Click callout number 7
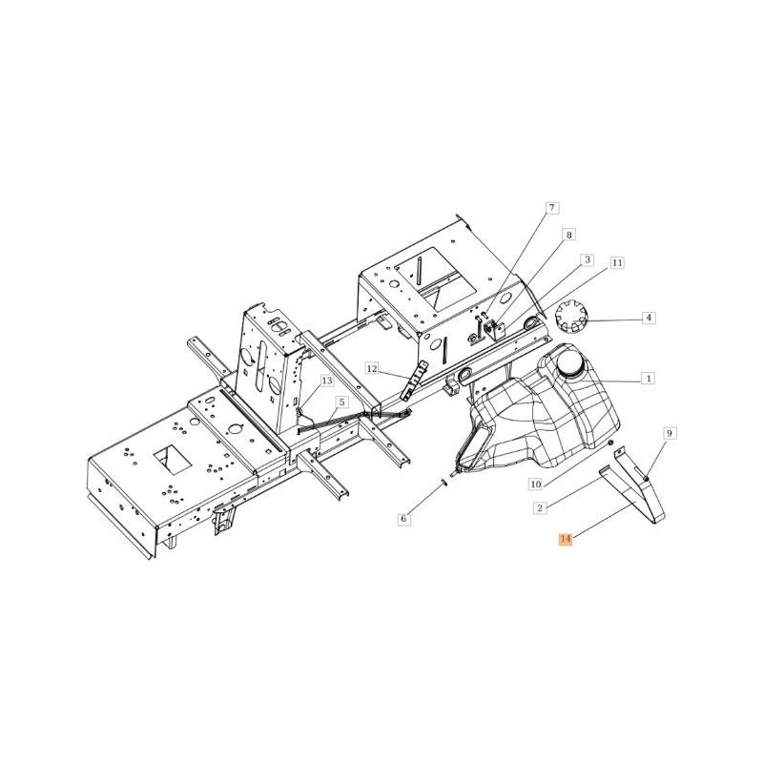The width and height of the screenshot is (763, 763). [551, 208]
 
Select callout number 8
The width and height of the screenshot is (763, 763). [568, 235]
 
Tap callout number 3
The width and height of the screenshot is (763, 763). [588, 259]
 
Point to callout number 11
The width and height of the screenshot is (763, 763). [616, 263]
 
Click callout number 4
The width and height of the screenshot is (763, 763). [649, 319]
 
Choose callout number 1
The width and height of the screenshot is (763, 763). [649, 378]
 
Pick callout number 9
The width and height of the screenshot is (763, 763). [670, 433]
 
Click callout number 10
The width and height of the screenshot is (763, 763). [535, 485]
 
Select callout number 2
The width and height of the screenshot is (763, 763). [539, 508]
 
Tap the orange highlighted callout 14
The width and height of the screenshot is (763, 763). [565, 539]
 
